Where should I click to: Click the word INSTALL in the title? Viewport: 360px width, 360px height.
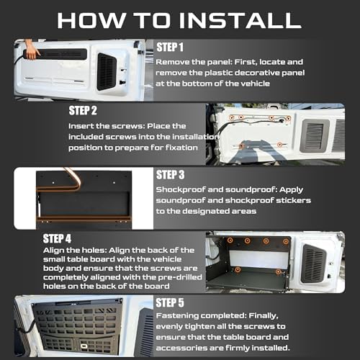240,20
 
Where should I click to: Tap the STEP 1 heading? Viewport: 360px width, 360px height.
170,47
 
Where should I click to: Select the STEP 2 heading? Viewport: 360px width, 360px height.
83,111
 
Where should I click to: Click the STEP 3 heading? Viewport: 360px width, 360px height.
170,175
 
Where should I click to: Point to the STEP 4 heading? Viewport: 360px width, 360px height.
57,238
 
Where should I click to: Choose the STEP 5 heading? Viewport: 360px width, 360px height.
170,302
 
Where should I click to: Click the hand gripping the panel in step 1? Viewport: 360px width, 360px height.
32,50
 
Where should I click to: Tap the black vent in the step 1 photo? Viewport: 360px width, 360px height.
107,72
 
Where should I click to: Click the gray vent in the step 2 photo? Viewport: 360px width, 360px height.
315,135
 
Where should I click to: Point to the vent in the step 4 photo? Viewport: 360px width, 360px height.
314,264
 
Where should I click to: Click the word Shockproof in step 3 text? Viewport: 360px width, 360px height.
181,190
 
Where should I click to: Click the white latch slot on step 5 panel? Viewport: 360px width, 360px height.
84,346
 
